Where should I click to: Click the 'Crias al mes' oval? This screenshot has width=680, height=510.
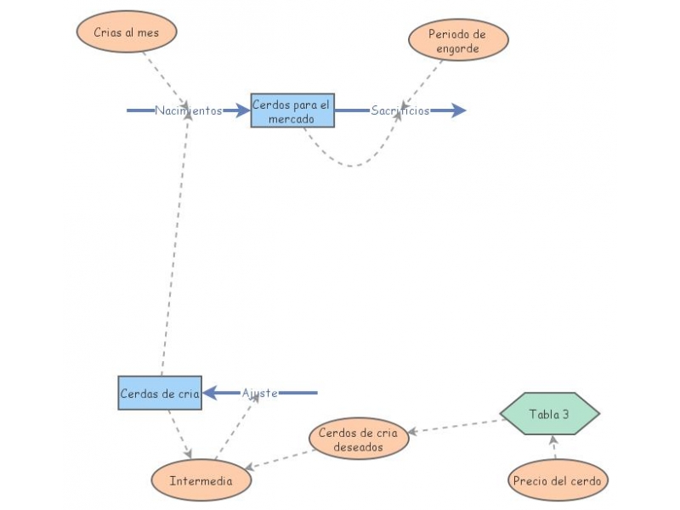click(127, 32)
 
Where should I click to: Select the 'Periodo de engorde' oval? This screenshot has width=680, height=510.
click(458, 41)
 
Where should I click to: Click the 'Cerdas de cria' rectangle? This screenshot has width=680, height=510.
click(160, 394)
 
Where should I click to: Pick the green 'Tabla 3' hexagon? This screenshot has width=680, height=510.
click(549, 415)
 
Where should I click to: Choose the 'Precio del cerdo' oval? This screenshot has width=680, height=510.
click(558, 480)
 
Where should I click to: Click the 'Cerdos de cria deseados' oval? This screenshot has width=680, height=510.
click(357, 439)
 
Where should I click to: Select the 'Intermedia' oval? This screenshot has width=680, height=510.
click(201, 481)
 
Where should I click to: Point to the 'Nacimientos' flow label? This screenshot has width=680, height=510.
click(188, 110)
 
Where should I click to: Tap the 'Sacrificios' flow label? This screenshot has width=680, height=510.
click(399, 110)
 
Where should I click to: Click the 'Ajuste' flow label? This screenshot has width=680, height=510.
click(260, 393)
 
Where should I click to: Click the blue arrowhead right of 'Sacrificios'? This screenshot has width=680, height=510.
click(458, 110)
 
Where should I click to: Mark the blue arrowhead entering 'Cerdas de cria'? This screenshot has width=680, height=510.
click(210, 393)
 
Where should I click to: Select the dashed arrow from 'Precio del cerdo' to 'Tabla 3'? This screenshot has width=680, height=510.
click(553, 447)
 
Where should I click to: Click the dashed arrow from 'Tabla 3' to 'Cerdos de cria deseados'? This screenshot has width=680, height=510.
click(455, 425)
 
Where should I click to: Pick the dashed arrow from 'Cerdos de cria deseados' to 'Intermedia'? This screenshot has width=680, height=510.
click(280, 459)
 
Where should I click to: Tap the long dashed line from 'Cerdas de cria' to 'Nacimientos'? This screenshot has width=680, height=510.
click(174, 246)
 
